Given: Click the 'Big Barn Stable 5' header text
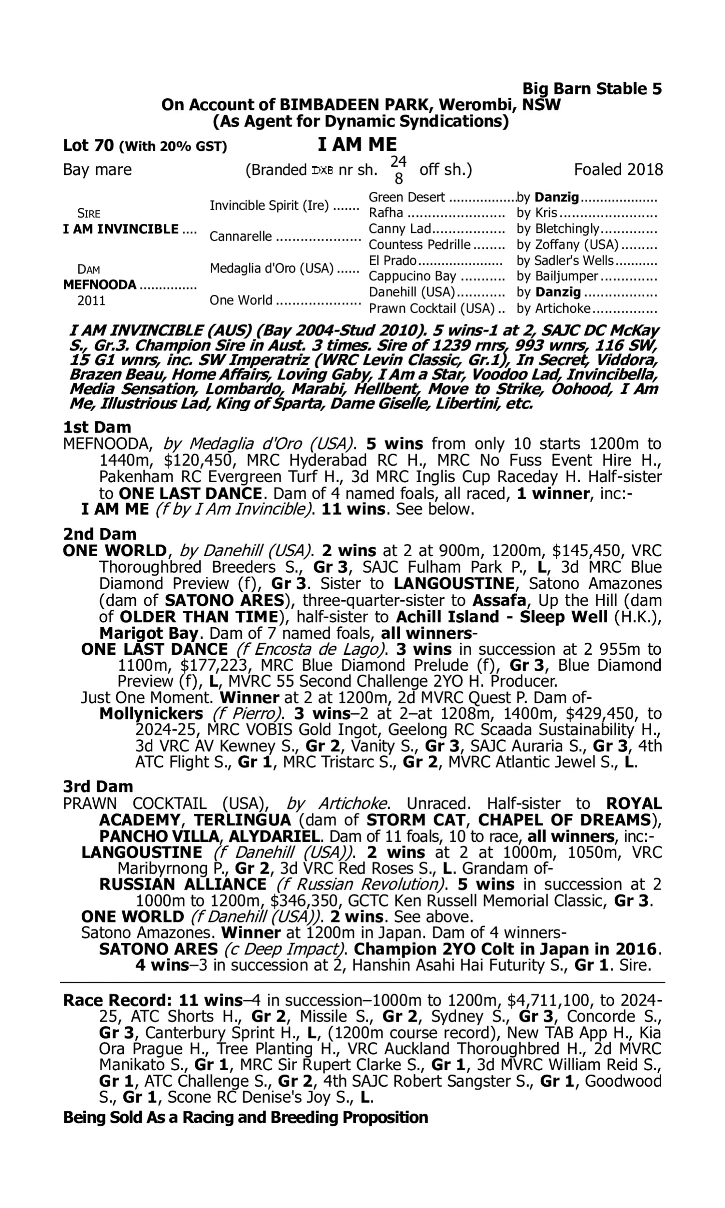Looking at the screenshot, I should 592,88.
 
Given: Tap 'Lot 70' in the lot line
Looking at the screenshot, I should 88,145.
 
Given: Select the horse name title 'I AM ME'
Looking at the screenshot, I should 357,144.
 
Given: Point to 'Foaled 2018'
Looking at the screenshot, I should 618,170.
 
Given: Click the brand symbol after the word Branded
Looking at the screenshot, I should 322,171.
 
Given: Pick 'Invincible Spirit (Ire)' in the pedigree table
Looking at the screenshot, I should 269,205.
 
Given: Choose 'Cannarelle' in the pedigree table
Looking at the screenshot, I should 240,236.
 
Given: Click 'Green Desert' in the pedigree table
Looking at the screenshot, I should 406,197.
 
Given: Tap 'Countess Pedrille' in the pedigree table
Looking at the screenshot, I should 419,244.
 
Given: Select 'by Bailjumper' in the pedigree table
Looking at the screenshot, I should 557,276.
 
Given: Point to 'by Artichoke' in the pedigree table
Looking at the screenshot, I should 553,309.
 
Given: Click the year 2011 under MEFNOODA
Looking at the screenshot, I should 91,300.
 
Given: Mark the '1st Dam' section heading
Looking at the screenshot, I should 97,427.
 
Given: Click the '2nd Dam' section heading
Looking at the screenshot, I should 99,533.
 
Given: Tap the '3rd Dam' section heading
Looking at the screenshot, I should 98,787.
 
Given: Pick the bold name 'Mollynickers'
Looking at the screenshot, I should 151,713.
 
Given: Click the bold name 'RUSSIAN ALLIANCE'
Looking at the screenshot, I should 183,884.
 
